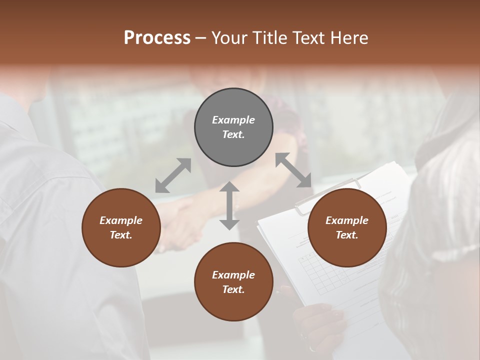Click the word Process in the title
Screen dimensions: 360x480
click(x=157, y=37)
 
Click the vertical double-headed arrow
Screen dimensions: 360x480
click(x=229, y=205)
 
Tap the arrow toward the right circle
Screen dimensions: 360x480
click(x=293, y=170)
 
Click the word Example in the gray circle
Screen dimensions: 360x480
click(x=233, y=120)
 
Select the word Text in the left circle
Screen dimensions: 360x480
click(x=121, y=235)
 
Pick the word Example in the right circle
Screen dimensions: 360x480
click(x=347, y=220)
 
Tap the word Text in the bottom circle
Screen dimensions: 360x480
click(x=233, y=289)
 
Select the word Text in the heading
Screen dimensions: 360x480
click(x=308, y=37)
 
